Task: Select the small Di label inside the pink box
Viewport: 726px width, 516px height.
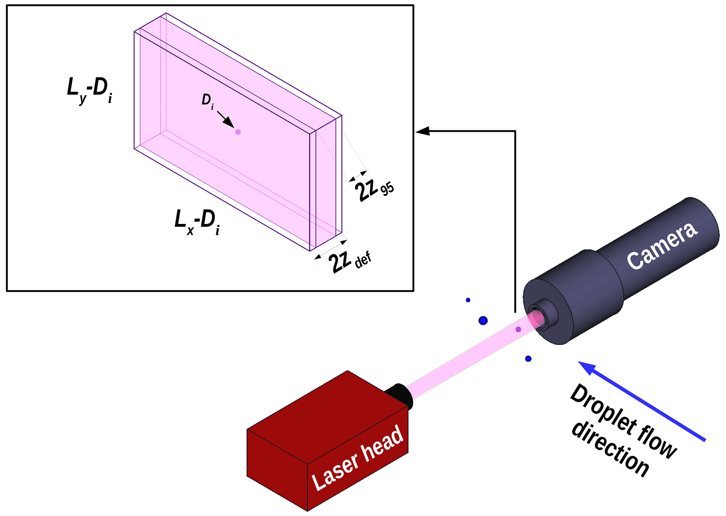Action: coord(208,102)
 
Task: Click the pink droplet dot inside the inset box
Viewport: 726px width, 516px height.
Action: coord(238,132)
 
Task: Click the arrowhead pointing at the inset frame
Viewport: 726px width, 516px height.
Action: coord(421,131)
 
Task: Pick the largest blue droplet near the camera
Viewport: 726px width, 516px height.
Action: coord(483,321)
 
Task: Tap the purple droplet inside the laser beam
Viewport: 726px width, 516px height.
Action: coord(518,329)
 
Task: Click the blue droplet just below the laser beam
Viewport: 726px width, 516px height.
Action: coord(528,359)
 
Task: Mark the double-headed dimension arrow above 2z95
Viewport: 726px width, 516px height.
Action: coord(358,176)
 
